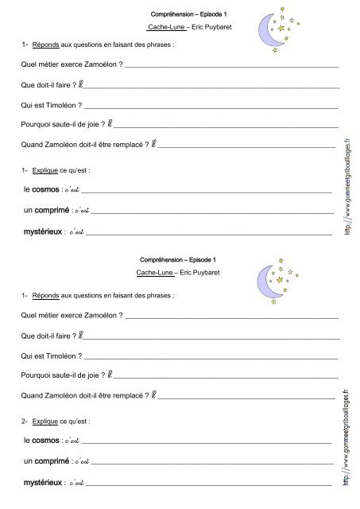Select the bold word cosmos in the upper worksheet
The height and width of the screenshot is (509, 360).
pos(46,189)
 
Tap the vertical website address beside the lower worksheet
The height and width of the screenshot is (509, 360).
pos(347,436)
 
